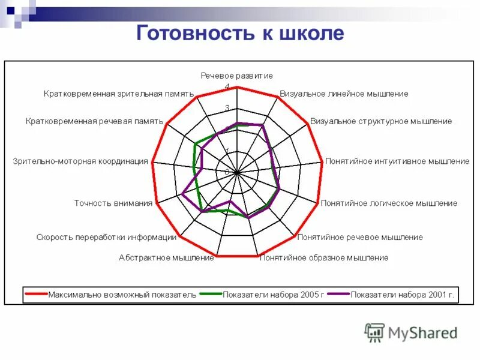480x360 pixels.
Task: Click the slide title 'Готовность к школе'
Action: (240, 33)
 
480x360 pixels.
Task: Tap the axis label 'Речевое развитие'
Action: (236, 76)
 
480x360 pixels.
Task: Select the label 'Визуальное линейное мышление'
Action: (344, 94)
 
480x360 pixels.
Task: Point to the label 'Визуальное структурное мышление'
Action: (381, 121)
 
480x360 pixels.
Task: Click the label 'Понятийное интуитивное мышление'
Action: (397, 161)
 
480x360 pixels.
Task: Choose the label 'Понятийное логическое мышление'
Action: (389, 203)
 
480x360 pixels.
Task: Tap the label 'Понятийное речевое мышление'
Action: (360, 237)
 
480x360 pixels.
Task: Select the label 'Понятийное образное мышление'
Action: (323, 258)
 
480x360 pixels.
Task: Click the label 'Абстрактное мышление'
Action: (166, 258)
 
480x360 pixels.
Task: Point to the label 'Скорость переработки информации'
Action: (106, 237)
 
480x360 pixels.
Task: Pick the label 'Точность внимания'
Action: (113, 203)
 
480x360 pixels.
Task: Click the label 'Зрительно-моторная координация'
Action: (80, 161)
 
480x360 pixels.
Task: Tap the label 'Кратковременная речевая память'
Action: (95, 121)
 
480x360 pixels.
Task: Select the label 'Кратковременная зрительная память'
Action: (119, 94)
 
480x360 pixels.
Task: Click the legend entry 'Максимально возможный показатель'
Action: (122, 295)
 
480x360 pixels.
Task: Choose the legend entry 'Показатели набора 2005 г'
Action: (272, 295)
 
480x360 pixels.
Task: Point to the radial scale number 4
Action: (227, 86)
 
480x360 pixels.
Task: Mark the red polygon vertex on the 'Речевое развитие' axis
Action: (237, 87)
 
